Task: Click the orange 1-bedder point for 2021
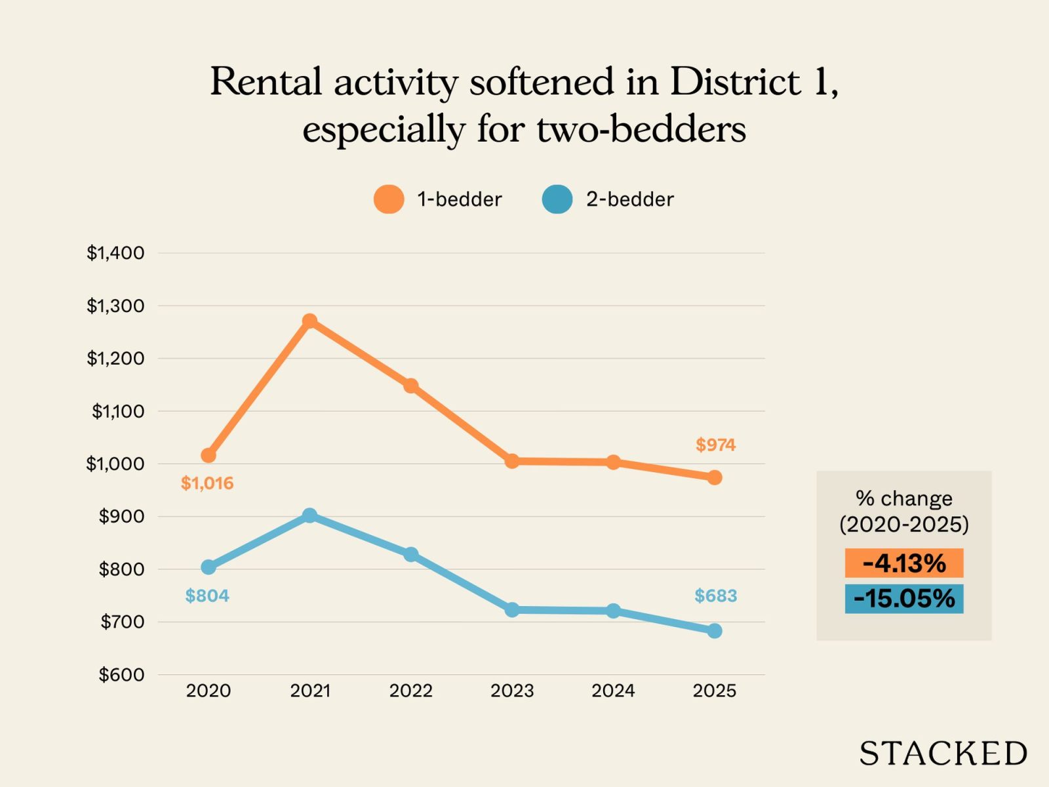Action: click(309, 321)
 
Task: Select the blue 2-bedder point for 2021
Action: click(309, 515)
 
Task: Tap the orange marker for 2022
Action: click(411, 386)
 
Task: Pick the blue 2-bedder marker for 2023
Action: click(512, 610)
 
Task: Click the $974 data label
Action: click(715, 445)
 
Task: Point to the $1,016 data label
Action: click(207, 483)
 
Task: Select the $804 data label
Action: click(207, 595)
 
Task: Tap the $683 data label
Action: click(715, 595)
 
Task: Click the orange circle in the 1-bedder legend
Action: click(389, 199)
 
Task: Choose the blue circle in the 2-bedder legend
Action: click(557, 199)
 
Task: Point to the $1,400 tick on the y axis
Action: click(115, 252)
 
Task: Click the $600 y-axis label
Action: click(121, 674)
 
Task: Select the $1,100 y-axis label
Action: click(118, 411)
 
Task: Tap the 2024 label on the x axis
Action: click(613, 691)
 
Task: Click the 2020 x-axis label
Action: click(208, 691)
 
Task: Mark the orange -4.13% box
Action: click(903, 563)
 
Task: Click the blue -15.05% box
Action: click(903, 599)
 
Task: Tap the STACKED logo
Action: click(943, 754)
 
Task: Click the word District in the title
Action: click(735, 82)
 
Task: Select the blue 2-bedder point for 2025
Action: click(715, 631)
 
